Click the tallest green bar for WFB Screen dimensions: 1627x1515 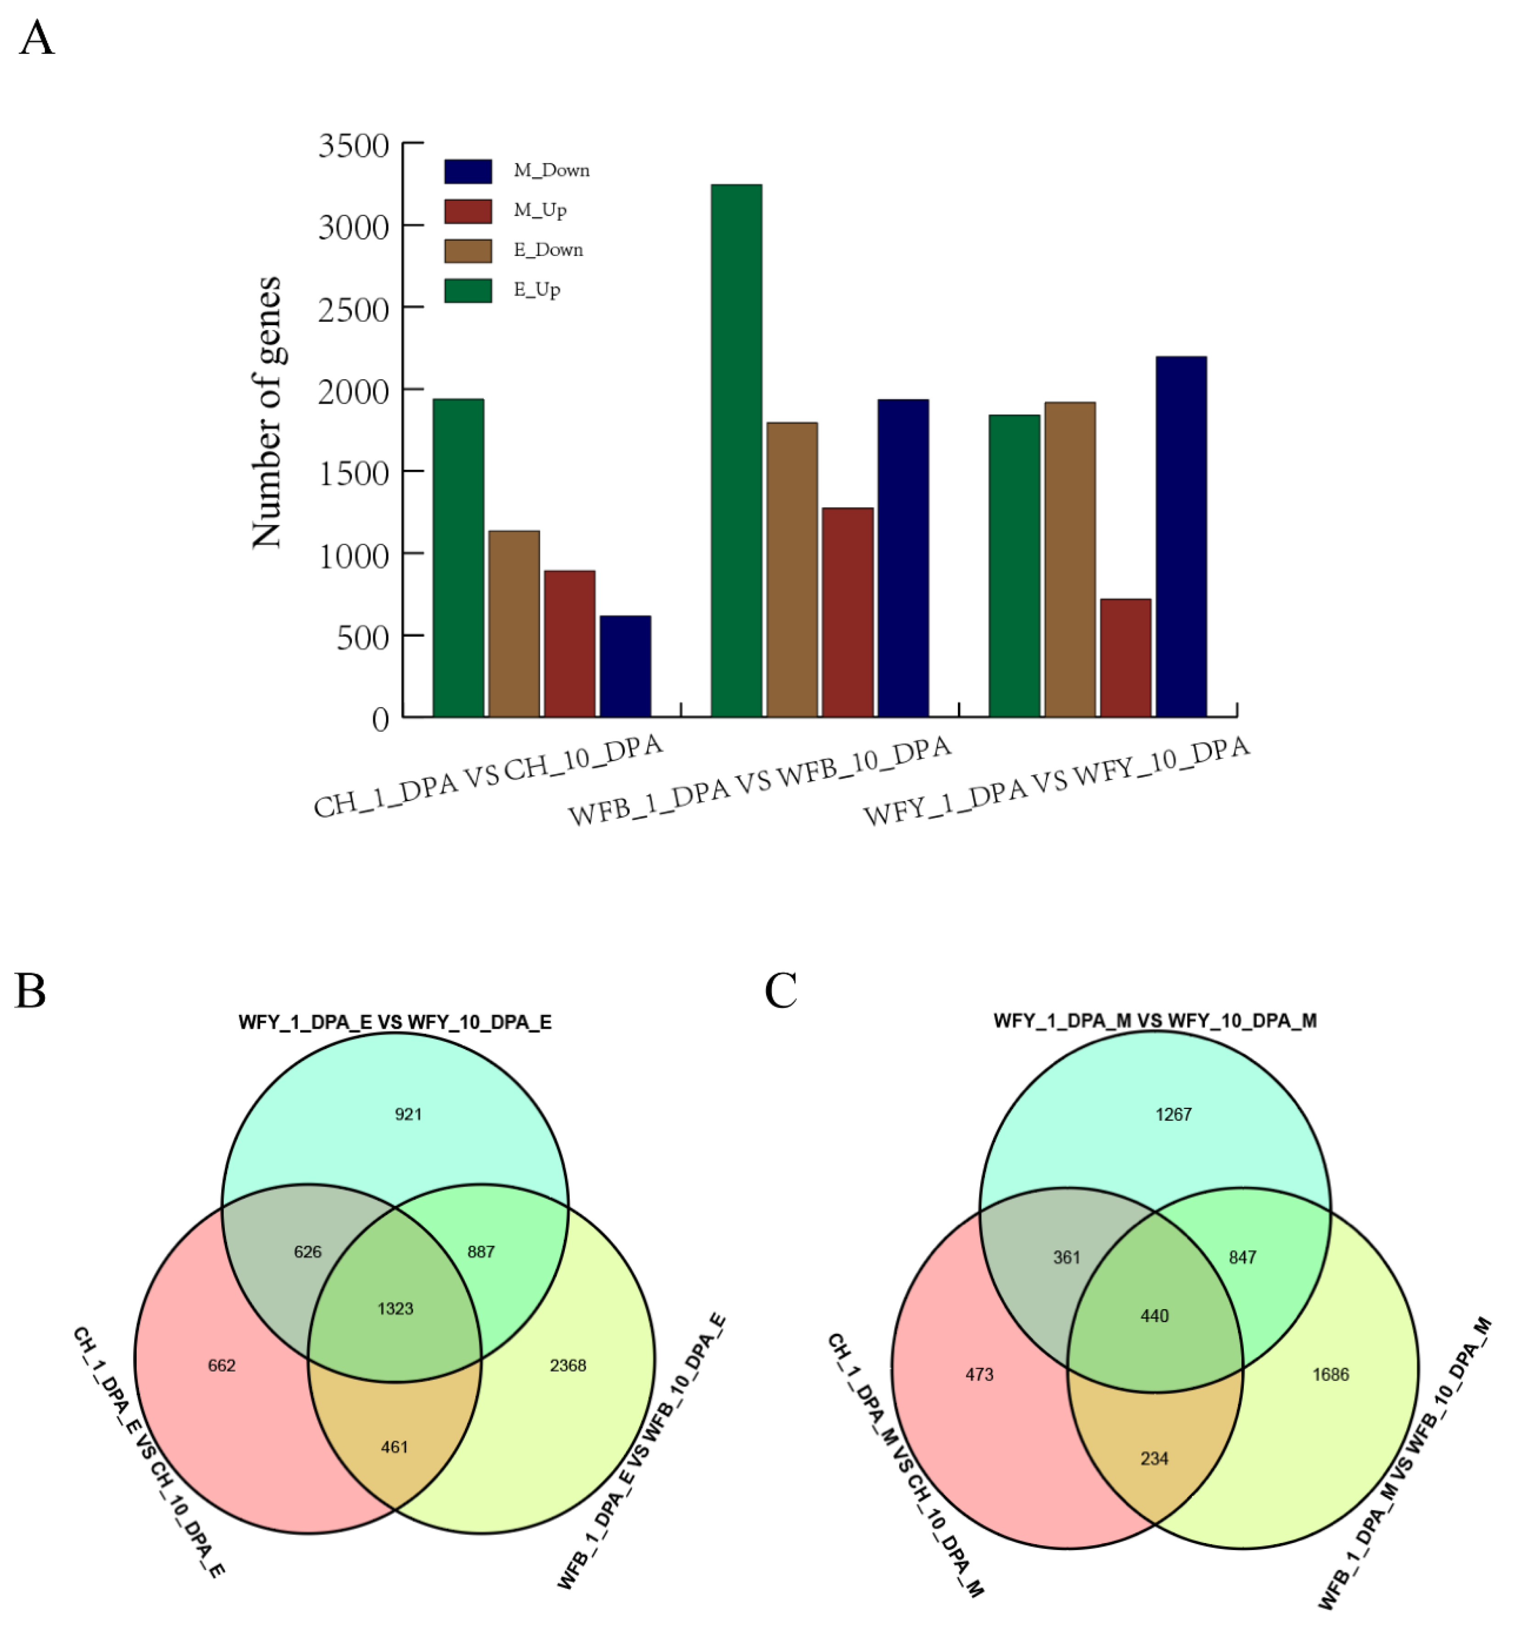pyautogui.click(x=736, y=450)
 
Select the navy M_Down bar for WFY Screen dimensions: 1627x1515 pyautogui.click(x=1180, y=536)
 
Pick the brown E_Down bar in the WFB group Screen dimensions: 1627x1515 pyautogui.click(x=792, y=569)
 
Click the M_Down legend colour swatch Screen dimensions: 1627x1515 pyautogui.click(x=467, y=171)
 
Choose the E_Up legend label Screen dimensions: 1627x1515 pyautogui.click(x=536, y=290)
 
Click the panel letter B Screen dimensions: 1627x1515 pyautogui.click(x=30, y=991)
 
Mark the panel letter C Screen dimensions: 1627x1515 pyautogui.click(x=780, y=991)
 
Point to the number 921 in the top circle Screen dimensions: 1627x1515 pyautogui.click(x=408, y=1114)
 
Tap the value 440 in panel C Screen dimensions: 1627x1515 pyautogui.click(x=1154, y=1316)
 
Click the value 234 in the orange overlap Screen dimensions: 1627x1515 pyautogui.click(x=1154, y=1459)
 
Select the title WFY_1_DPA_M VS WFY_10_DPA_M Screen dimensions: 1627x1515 pyautogui.click(x=1154, y=1020)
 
